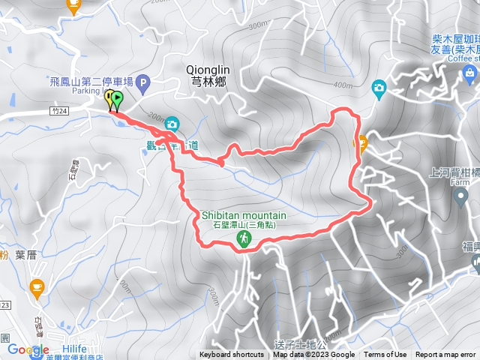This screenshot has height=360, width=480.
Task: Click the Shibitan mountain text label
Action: click(x=244, y=215)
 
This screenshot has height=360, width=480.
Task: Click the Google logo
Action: click(x=28, y=349)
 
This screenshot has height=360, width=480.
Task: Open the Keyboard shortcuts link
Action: click(x=232, y=355)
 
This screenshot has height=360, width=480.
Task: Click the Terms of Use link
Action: click(x=385, y=355)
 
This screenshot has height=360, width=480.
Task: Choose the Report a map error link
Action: click(x=447, y=355)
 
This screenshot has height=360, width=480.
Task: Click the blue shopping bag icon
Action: click(x=470, y=73)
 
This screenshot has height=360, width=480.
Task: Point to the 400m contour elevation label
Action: click(x=342, y=85)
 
